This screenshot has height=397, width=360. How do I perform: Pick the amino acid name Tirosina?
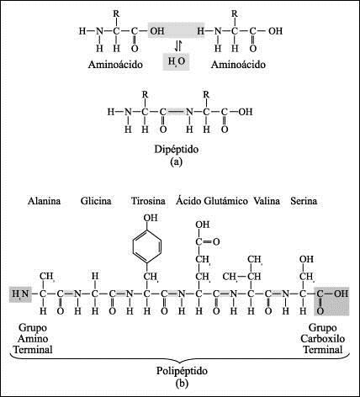[x=148, y=202]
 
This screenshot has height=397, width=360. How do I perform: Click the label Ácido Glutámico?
[x=210, y=202]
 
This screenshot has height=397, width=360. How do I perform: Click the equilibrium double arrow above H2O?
[x=178, y=45]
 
